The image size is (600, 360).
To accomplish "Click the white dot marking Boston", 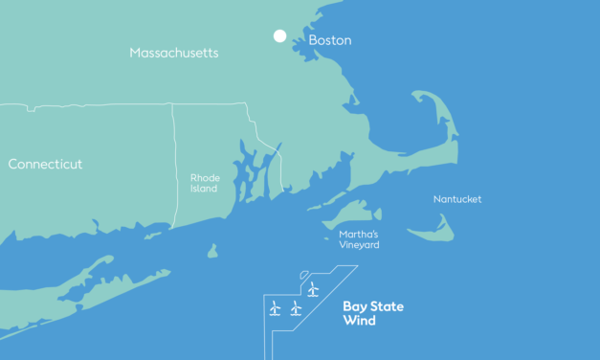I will click(279, 36).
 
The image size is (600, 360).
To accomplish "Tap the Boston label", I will click(329, 41).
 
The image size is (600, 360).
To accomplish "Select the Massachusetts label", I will click(173, 53).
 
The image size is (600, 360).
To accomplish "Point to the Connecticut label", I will click(45, 164).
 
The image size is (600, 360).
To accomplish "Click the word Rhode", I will click(205, 177).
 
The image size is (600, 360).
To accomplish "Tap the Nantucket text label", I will click(456, 199).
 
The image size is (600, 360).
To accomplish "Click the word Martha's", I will click(359, 234).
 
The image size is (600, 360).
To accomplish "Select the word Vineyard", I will click(359, 245).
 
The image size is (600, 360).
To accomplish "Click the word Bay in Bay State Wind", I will click(355, 306).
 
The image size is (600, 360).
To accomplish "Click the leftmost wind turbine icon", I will click(275, 307).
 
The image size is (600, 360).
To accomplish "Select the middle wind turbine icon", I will click(296, 307).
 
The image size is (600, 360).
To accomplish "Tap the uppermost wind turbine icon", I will click(313, 287).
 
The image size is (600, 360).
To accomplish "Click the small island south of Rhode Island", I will click(212, 252).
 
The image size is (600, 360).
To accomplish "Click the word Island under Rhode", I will click(204, 189).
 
